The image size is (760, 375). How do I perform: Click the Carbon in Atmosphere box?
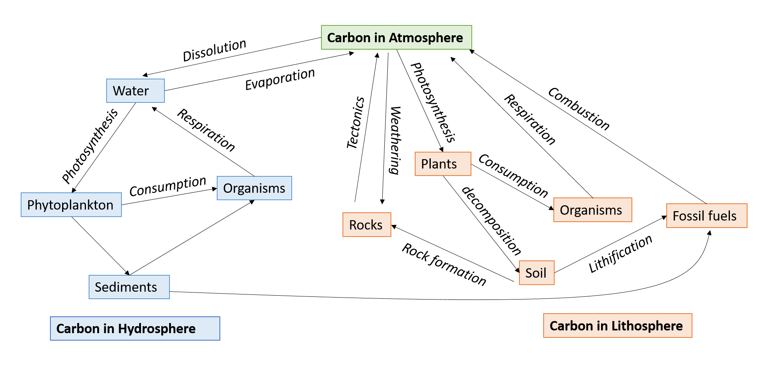pyautogui.click(x=396, y=38)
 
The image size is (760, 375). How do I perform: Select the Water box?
pyautogui.click(x=135, y=91)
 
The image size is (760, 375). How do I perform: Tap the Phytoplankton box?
pyautogui.click(x=71, y=205)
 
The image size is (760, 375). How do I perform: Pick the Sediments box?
pyautogui.click(x=129, y=287)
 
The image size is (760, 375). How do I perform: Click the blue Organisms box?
pyautogui.click(x=254, y=188)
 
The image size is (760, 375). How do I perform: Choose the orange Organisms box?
pyautogui.click(x=592, y=210)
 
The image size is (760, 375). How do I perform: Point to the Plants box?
pyautogui.click(x=442, y=164)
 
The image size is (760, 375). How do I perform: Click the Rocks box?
pyautogui.click(x=366, y=225)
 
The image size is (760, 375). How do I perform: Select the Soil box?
pyautogui.click(x=536, y=273)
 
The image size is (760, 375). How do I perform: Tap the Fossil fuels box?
pyautogui.click(x=706, y=215)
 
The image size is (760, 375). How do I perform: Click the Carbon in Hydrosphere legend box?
pyautogui.click(x=135, y=328)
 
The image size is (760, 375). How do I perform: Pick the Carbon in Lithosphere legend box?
pyautogui.click(x=617, y=326)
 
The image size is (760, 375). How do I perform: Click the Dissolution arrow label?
pyautogui.click(x=214, y=50)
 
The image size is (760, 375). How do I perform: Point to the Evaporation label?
pyautogui.click(x=280, y=79)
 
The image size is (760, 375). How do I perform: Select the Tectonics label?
pyautogui.click(x=355, y=122)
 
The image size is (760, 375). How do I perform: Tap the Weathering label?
pyautogui.click(x=395, y=140)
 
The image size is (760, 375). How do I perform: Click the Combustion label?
pyautogui.click(x=578, y=109)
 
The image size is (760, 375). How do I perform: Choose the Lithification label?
pyautogui.click(x=620, y=253)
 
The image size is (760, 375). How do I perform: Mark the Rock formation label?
pyautogui.click(x=444, y=264)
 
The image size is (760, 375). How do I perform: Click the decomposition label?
pyautogui.click(x=491, y=221)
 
